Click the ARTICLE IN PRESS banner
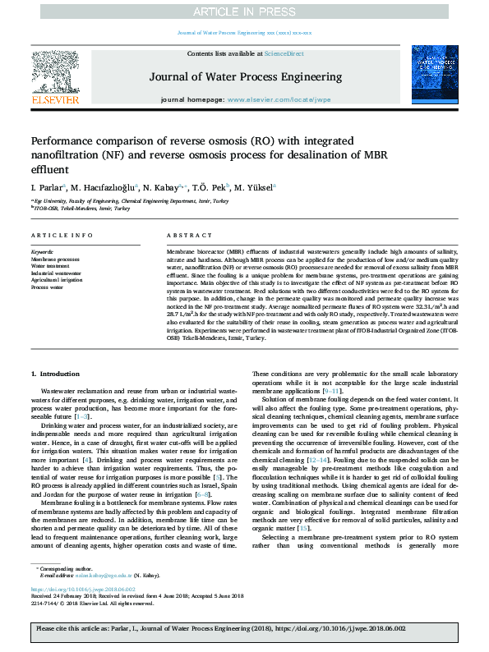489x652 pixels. coord(244,11)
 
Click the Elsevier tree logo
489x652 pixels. coord(56,73)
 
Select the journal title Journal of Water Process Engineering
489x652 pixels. coord(245,77)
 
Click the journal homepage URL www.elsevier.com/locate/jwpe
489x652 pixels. coord(278,99)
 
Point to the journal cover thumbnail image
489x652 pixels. coord(434,76)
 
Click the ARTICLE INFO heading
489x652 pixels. coord(62,235)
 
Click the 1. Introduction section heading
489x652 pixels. coord(58,374)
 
